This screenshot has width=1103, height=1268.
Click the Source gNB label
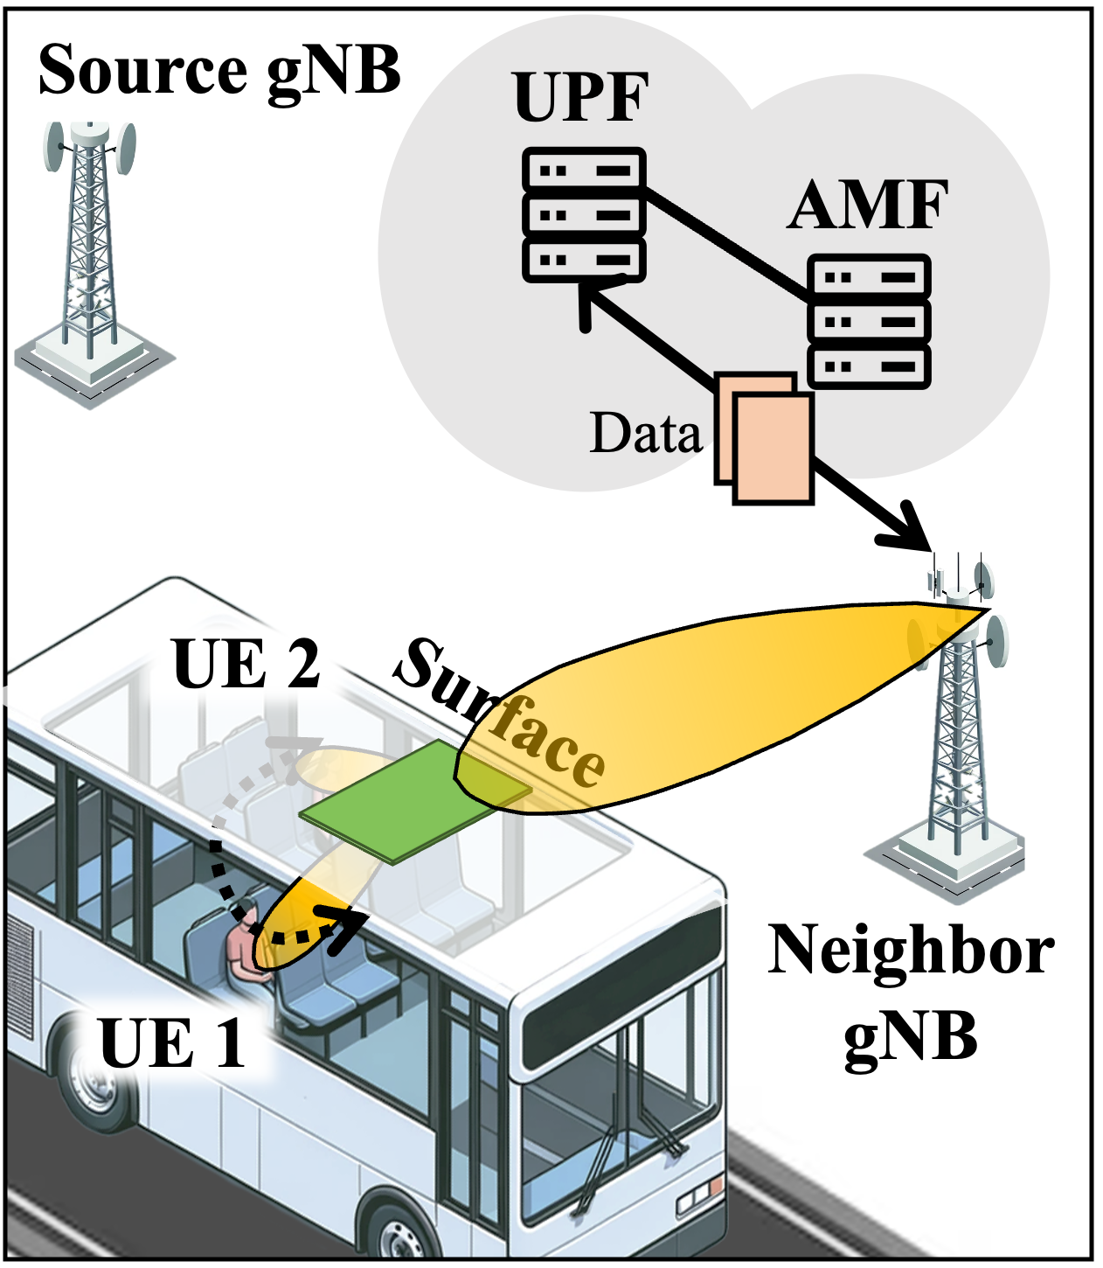[219, 70]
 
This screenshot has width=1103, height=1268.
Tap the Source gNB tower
[90, 254]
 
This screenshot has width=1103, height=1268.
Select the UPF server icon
[584, 215]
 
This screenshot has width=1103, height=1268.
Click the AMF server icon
[868, 322]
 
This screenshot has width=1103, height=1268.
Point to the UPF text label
[581, 98]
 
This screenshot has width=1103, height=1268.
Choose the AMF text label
[868, 206]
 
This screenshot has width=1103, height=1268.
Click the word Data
[646, 433]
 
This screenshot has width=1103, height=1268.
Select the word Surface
[498, 713]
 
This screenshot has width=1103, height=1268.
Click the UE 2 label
[247, 665]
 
